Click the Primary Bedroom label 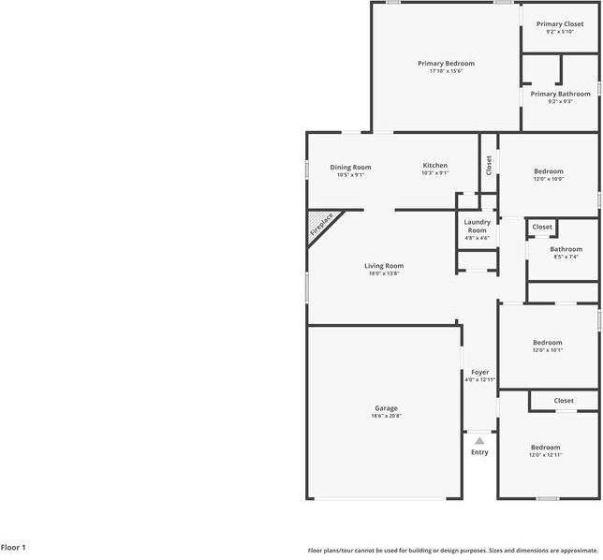click(x=446, y=64)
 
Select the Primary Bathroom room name click(x=560, y=94)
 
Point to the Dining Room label click(x=350, y=167)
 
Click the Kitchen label click(x=434, y=166)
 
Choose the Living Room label click(x=384, y=266)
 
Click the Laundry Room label click(x=477, y=226)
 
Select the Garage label click(x=387, y=408)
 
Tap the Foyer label click(x=479, y=373)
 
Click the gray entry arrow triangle click(x=479, y=440)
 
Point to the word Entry click(x=479, y=452)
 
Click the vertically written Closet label click(x=489, y=165)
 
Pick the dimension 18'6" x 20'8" click(x=387, y=416)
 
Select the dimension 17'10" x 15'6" click(x=446, y=71)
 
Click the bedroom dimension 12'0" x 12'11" click(x=546, y=455)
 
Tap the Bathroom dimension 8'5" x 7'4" click(x=566, y=257)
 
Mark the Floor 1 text click(x=13, y=547)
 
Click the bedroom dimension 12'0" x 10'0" click(x=549, y=179)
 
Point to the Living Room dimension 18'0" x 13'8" click(x=384, y=273)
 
